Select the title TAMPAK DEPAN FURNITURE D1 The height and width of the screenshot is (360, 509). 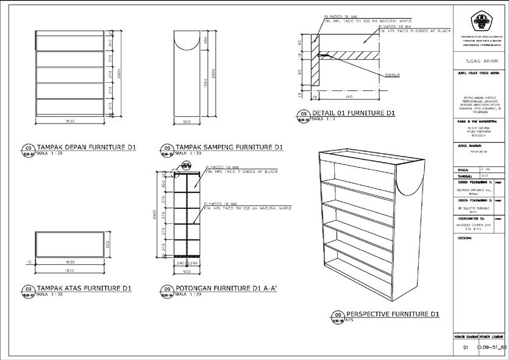tap(87, 147)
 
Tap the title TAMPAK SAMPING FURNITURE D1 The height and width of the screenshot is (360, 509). tap(229, 147)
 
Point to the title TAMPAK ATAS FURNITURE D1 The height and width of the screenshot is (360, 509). tap(84, 288)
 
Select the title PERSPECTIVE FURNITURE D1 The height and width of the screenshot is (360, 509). tap(393, 314)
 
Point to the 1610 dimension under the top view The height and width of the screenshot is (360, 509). tap(69, 269)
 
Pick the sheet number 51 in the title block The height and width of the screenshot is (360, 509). tap(465, 347)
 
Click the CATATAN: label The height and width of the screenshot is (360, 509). tap(465, 238)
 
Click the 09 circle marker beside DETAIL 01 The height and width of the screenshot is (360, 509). tap(302, 114)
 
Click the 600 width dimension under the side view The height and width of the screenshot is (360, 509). tap(188, 122)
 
